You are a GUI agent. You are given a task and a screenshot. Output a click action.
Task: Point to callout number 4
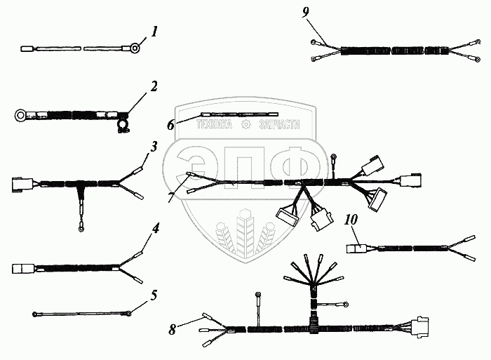[156, 228]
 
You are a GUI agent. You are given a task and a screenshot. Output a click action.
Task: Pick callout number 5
[154, 294]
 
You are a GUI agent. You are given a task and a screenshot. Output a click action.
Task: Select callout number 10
[351, 220]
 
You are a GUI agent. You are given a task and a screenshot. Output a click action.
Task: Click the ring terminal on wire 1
[132, 49]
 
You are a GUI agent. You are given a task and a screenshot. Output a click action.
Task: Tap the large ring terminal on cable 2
[22, 112]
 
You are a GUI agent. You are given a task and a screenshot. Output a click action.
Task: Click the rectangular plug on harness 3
[20, 185]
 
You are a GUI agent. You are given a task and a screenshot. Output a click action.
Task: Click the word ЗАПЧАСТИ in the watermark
[279, 125]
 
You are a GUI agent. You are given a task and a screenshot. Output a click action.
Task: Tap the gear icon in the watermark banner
[246, 125]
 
